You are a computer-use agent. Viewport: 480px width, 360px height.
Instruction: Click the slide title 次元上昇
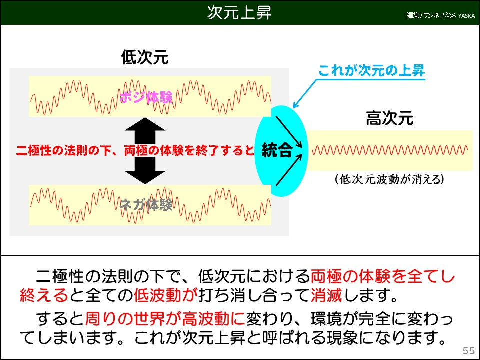239,13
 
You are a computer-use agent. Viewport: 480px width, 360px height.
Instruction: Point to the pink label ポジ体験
146,97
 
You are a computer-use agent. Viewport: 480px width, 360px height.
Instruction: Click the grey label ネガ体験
146,204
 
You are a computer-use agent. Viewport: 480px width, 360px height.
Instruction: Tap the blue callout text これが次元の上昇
372,70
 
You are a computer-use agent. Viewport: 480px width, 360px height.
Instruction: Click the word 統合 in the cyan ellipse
277,150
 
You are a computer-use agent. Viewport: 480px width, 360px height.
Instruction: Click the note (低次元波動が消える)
390,179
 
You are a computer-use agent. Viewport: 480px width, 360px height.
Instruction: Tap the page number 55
469,350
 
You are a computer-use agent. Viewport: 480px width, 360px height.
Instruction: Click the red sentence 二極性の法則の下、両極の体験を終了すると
135,150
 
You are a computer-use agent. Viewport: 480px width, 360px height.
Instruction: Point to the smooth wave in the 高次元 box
390,150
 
